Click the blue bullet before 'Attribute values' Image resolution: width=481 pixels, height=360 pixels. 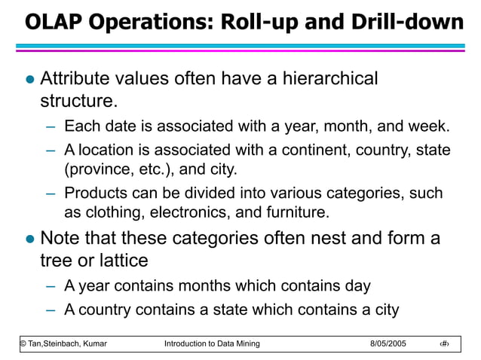pos(29,79)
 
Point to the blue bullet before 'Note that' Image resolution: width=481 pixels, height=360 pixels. pos(29,240)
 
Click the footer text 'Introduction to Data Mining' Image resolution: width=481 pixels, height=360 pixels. pos(212,343)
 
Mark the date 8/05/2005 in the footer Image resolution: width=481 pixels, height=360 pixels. pos(388,343)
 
